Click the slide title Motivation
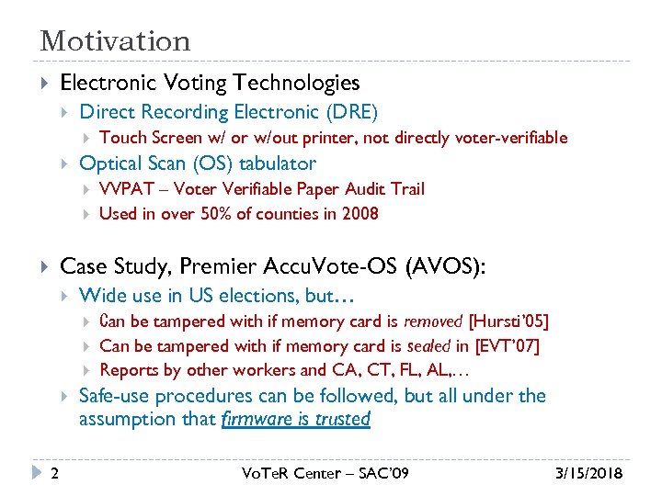[x=115, y=41]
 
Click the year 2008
[x=359, y=214]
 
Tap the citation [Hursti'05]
[x=508, y=321]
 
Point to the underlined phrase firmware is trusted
[x=296, y=420]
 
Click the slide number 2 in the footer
[x=56, y=474]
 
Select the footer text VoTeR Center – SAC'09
[x=325, y=474]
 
